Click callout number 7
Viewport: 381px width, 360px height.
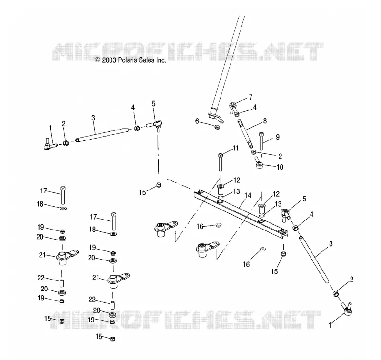coord(251,97)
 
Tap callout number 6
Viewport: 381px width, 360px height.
coord(197,121)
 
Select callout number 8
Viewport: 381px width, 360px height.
coord(265,121)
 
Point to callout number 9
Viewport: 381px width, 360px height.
coord(278,137)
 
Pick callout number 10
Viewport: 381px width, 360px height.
coord(280,167)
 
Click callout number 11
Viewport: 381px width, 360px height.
coord(235,148)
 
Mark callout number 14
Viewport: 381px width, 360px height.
coord(248,196)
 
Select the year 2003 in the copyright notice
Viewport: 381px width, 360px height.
coord(110,60)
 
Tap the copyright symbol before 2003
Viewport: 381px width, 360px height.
coord(98,60)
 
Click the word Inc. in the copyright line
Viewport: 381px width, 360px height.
coord(160,60)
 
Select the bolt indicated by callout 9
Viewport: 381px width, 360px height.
coord(261,141)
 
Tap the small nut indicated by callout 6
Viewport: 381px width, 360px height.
coord(217,127)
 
